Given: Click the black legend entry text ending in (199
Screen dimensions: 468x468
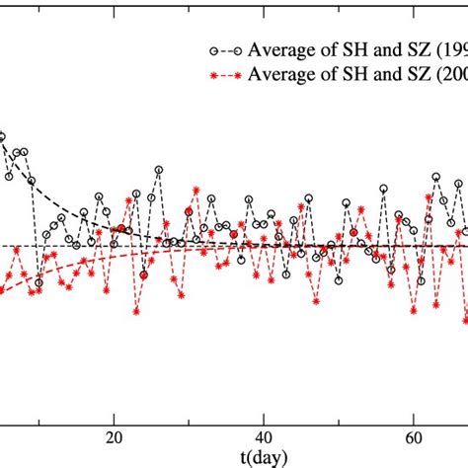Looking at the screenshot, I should pos(341,49).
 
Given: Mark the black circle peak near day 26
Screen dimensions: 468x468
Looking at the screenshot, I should pos(158,170).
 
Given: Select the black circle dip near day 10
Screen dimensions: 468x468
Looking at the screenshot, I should pos(39,282).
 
